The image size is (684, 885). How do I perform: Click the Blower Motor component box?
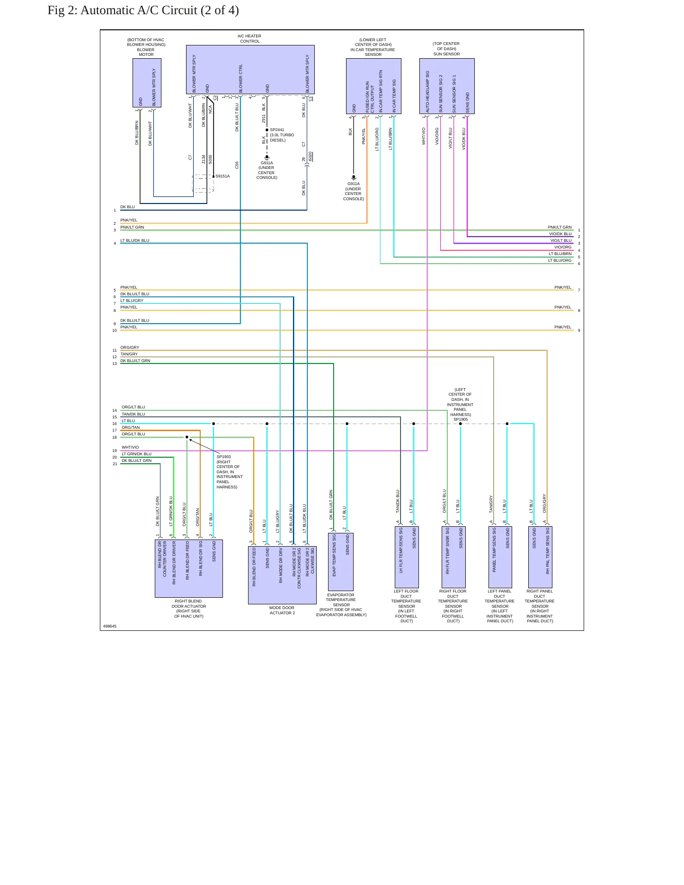(147, 83)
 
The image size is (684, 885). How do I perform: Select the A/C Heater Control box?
(250, 70)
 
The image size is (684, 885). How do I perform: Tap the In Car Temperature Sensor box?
(373, 86)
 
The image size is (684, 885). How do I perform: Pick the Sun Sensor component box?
(447, 86)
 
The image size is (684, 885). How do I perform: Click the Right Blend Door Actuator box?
(189, 568)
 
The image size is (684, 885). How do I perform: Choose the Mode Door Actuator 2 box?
(282, 575)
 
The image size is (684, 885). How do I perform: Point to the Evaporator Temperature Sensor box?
(341, 562)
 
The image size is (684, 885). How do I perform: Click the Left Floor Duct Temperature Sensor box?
(407, 557)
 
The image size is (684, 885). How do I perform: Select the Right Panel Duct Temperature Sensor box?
(540, 557)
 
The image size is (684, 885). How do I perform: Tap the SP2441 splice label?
(277, 130)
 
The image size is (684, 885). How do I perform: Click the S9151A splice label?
(222, 176)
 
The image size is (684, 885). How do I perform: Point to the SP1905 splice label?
(461, 419)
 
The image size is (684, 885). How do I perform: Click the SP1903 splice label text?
(224, 457)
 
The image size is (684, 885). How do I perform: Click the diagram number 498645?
(110, 626)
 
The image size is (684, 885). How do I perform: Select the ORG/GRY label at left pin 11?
(130, 347)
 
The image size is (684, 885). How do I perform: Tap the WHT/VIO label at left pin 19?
(130, 447)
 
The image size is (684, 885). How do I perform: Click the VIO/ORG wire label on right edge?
(563, 247)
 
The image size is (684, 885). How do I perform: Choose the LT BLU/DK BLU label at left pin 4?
(134, 240)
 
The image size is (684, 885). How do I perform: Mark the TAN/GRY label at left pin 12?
(129, 354)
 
